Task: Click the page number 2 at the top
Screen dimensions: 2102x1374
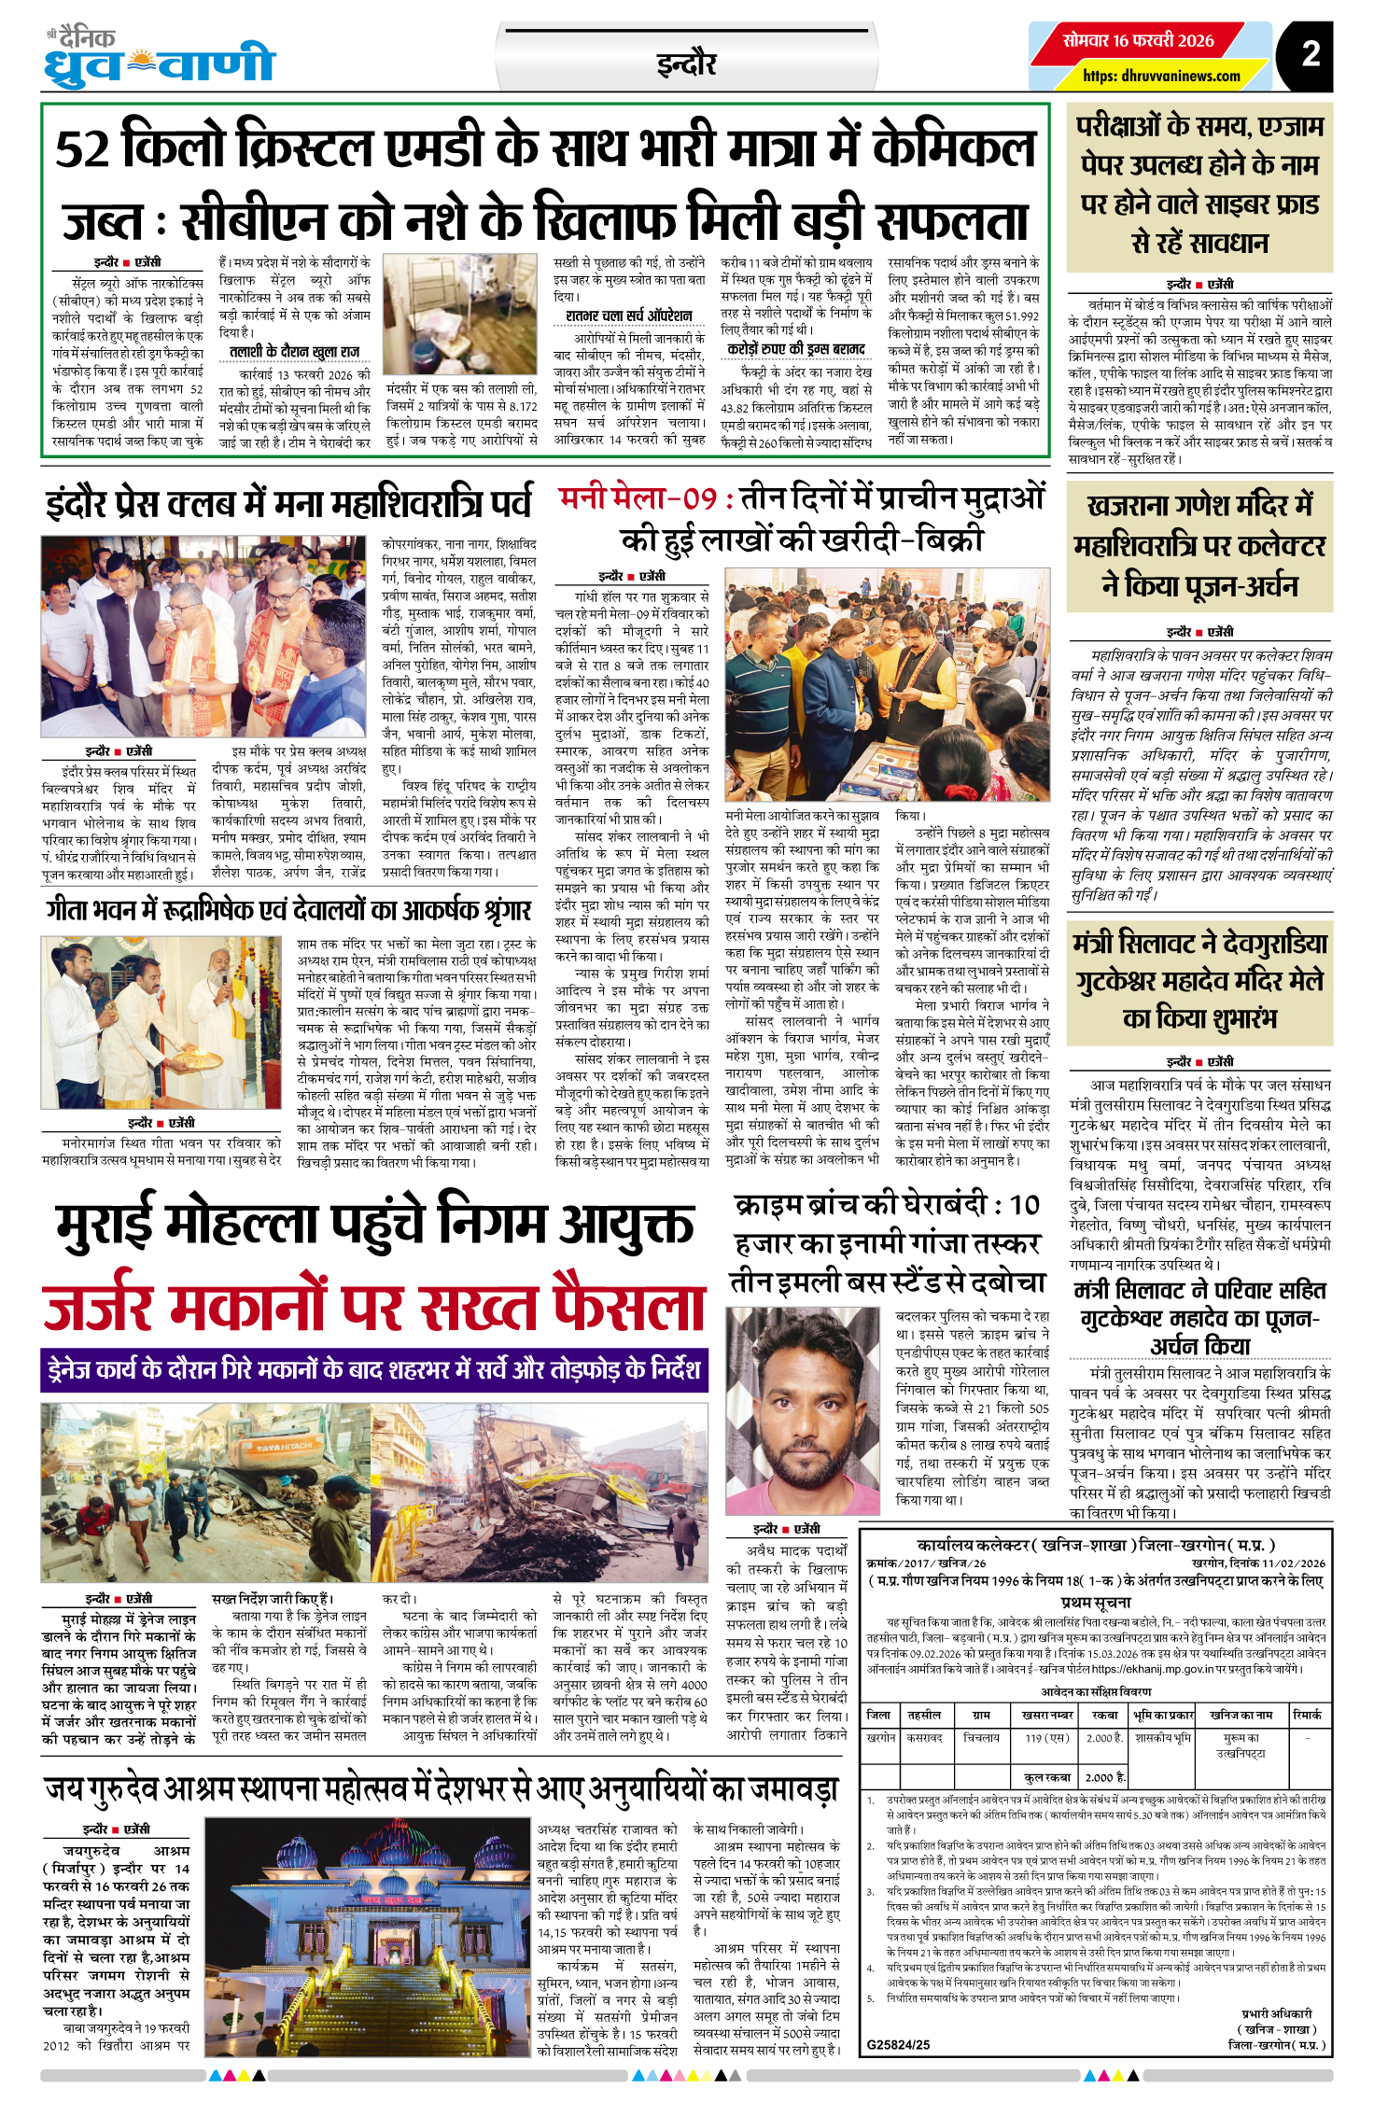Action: (1311, 53)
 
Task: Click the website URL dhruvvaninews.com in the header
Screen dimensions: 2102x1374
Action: (1161, 76)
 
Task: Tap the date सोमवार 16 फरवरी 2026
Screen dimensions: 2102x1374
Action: (1139, 40)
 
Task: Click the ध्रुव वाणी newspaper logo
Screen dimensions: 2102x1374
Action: (159, 62)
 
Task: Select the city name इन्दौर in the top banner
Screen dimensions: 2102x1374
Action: (686, 63)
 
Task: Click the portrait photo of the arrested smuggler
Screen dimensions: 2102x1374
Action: (803, 1410)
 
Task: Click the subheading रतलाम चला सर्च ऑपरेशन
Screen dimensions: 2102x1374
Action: (629, 315)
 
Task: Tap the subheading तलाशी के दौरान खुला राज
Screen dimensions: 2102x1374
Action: (294, 351)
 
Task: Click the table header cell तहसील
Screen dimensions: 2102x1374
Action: (924, 1715)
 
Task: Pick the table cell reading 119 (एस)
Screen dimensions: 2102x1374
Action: (1045, 1738)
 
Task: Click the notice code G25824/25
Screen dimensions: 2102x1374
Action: (898, 2044)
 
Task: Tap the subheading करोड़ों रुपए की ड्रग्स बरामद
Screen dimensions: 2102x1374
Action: (796, 349)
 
